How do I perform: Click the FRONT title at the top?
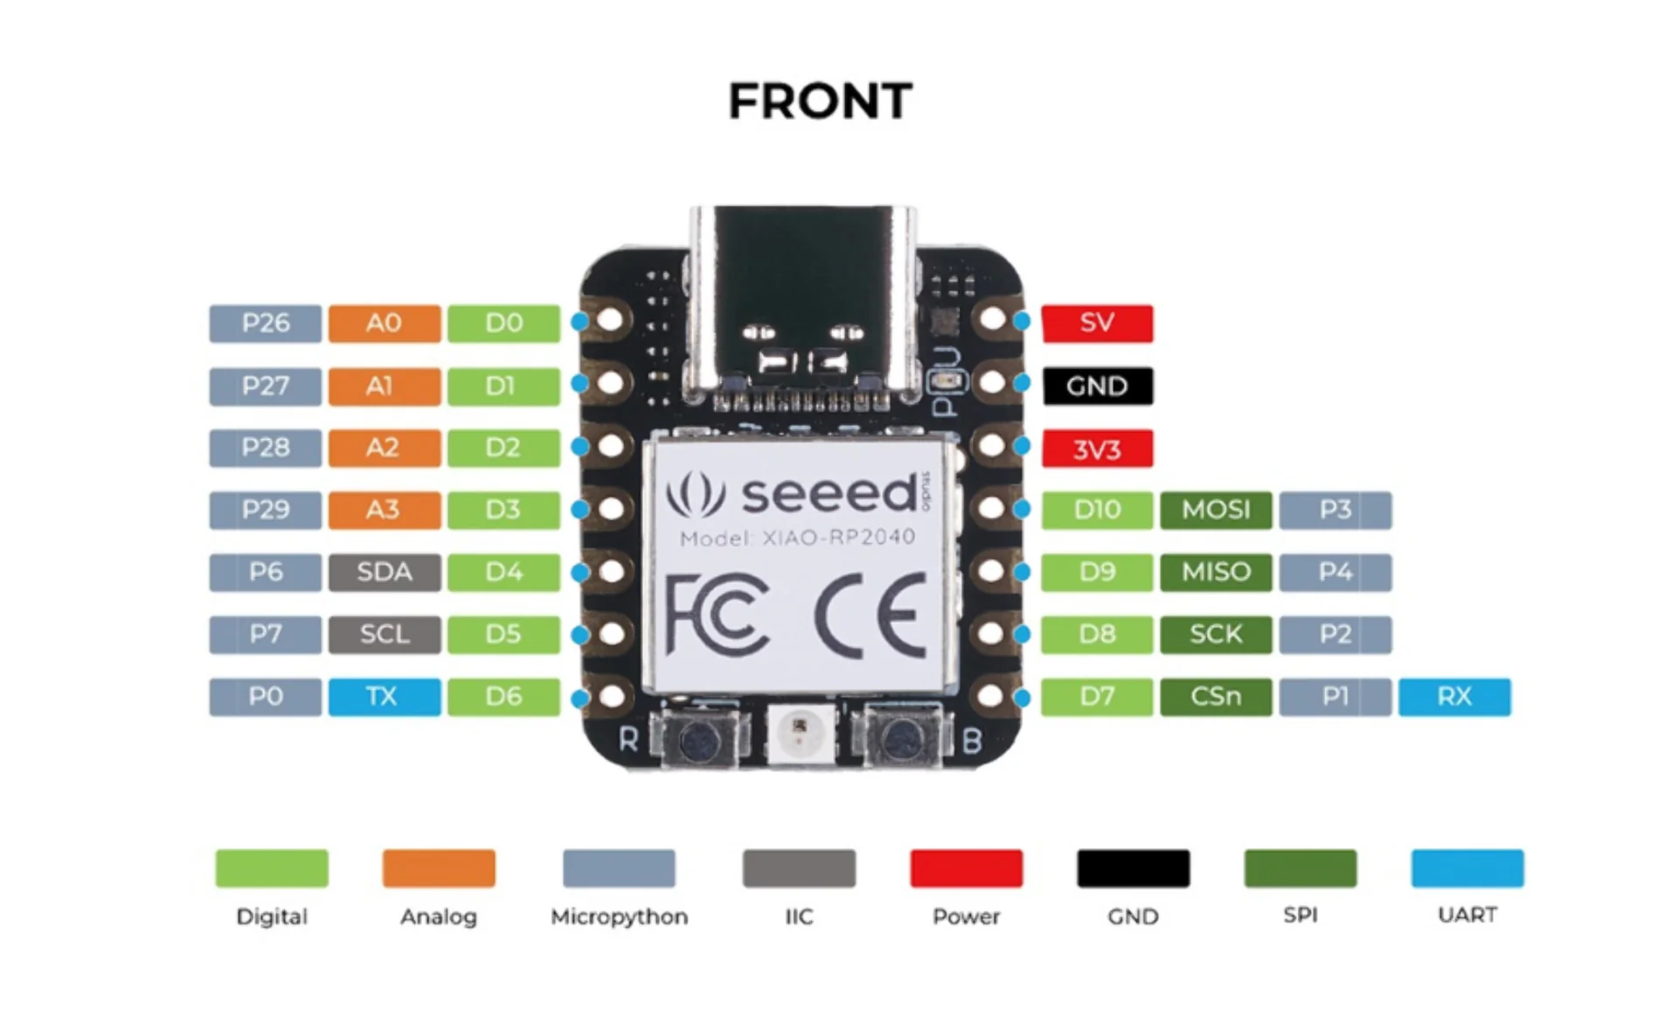[820, 101]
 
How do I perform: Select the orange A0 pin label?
[384, 323]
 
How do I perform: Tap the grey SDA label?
[384, 572]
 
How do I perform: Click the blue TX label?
[384, 697]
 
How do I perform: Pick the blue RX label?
[1453, 697]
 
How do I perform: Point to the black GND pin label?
[1097, 386]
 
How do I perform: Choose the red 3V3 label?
[1097, 449]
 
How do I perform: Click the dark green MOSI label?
[1216, 510]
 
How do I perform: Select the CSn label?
[1216, 697]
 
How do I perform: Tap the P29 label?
[265, 510]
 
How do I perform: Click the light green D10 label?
[1097, 510]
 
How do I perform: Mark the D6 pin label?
[503, 697]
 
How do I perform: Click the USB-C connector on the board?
[802, 297]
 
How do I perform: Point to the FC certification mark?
[717, 615]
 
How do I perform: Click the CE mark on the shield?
[870, 615]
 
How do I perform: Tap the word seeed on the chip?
[829, 494]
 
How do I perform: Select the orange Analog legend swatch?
[439, 868]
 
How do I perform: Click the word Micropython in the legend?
[619, 916]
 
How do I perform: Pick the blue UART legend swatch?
[1467, 868]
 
